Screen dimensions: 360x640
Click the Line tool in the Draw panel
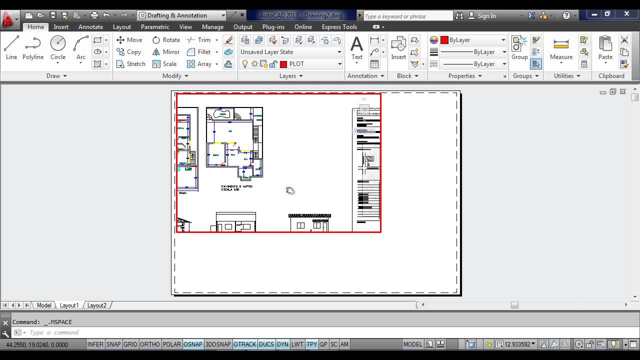click(11, 48)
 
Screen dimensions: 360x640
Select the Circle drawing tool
click(58, 48)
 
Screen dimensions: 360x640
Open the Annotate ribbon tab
click(90, 27)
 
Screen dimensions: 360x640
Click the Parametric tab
click(155, 27)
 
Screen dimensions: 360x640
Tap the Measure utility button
click(561, 48)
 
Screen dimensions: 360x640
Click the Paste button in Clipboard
click(605, 48)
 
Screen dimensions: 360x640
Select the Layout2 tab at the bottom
click(97, 305)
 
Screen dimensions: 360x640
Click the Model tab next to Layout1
click(44, 305)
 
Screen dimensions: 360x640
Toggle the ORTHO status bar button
click(150, 344)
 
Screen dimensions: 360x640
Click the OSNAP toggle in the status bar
click(193, 344)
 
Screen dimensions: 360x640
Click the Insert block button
click(398, 48)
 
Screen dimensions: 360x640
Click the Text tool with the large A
click(356, 48)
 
